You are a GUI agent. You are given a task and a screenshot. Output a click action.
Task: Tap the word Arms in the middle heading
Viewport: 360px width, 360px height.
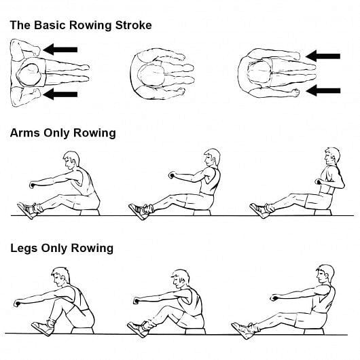coord(24,132)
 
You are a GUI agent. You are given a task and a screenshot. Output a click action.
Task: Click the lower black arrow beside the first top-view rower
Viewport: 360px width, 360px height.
coord(60,94)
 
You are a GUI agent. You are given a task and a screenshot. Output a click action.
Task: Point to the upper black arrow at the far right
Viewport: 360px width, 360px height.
coord(323,56)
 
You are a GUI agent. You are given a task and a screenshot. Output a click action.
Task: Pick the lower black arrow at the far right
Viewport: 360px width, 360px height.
coord(323,90)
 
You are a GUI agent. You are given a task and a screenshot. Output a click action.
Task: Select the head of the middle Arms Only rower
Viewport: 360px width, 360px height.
coord(213,158)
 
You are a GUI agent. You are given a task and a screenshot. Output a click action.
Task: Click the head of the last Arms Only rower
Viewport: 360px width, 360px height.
coord(331,157)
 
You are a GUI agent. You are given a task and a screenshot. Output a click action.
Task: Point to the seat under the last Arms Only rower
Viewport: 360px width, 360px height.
coord(320,213)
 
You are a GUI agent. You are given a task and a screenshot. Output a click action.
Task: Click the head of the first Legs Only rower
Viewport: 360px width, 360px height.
coord(60,277)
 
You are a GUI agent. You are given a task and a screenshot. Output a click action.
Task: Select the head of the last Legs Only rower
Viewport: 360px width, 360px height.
coord(325,275)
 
